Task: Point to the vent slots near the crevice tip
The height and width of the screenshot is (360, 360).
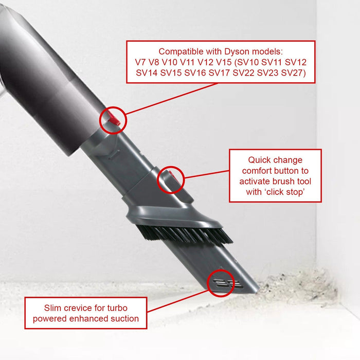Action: pos(222,282)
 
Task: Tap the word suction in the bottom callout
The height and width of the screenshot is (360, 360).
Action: pos(123,318)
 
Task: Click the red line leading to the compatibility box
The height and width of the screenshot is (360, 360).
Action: pos(170,98)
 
